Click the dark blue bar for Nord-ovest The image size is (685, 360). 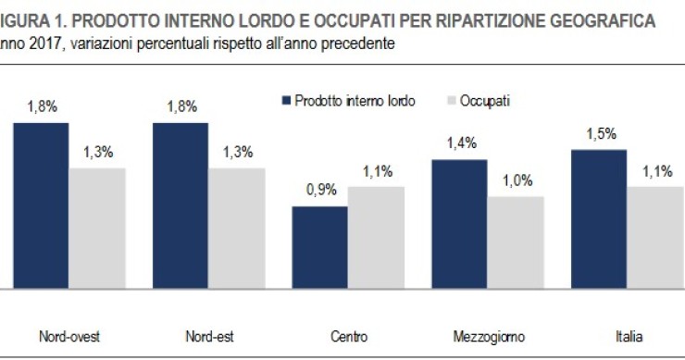click(x=41, y=205)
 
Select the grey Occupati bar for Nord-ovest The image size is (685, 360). click(x=97, y=228)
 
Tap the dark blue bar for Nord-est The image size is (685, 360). click(x=181, y=205)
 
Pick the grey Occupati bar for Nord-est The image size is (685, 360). click(x=237, y=228)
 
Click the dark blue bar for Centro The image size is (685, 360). click(x=320, y=247)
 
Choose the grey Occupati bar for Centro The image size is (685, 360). click(x=377, y=237)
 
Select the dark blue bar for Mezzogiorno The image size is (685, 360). click(x=460, y=224)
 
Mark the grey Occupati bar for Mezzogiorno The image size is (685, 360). click(x=517, y=242)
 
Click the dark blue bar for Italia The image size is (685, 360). click(x=600, y=218)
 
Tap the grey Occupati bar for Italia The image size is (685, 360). click(x=656, y=237)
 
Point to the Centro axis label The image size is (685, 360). click(x=349, y=336)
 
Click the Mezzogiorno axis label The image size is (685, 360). click(x=488, y=336)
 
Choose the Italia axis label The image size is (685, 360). click(x=629, y=336)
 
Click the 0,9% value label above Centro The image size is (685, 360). click(x=320, y=192)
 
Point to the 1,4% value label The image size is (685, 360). click(x=460, y=144)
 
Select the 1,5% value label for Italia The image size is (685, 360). click(x=600, y=135)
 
